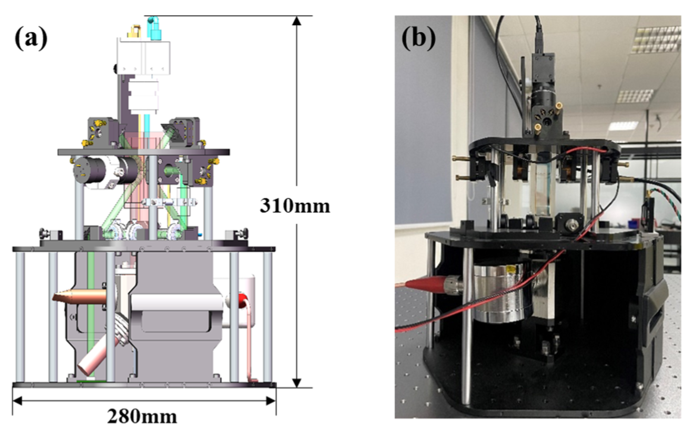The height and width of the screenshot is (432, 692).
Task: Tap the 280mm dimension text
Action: pos(142,416)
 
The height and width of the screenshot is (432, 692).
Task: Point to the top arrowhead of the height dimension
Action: pos(297,21)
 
